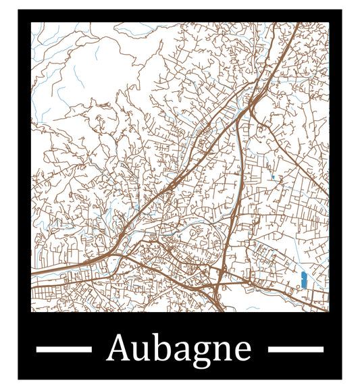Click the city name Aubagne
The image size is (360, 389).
pyautogui.click(x=179, y=348)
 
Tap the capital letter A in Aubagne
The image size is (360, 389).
pyautogui.click(x=119, y=348)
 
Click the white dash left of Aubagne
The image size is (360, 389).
pyautogui.click(x=63, y=349)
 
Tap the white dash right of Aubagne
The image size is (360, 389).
pyautogui.click(x=296, y=349)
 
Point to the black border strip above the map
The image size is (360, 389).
pyautogui.click(x=180, y=16)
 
